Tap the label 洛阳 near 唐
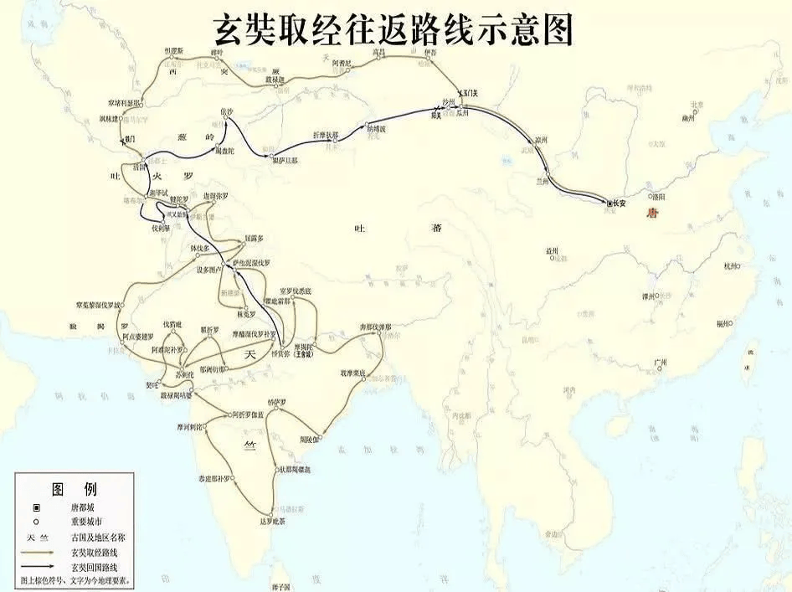pos(658,197)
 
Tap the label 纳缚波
pos(375,128)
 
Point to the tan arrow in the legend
pos(38,553)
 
